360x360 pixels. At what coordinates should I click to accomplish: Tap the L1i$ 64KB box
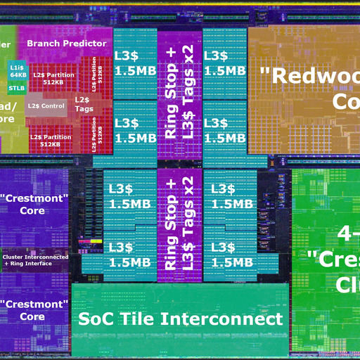(18, 71)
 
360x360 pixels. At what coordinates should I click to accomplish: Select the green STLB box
(17, 88)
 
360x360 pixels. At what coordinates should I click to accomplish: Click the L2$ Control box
(46, 106)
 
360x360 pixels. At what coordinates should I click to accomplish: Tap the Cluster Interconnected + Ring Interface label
(35, 260)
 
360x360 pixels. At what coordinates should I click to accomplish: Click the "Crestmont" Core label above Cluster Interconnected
(33, 204)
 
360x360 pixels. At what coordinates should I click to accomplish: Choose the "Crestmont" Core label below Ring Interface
(33, 310)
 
